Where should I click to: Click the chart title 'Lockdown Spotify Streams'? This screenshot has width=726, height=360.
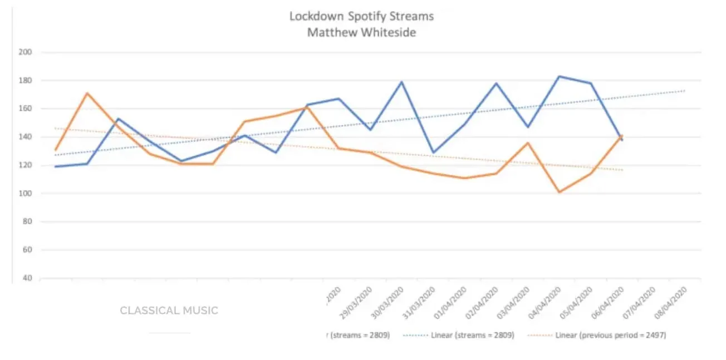point(361,16)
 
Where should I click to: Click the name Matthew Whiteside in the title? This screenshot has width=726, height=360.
point(361,32)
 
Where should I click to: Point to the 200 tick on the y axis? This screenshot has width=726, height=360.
point(27,52)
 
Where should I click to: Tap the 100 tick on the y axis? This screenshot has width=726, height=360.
point(27,194)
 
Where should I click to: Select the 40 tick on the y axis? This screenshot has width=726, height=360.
point(27,278)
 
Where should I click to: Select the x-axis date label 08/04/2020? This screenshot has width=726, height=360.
point(674,301)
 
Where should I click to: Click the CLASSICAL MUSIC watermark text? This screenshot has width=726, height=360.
point(169,310)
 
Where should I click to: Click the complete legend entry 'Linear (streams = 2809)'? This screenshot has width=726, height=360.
point(472,336)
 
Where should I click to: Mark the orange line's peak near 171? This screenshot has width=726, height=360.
point(86,93)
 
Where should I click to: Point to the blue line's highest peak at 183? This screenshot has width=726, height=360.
point(559,76)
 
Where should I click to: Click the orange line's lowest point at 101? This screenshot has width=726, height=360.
point(559,192)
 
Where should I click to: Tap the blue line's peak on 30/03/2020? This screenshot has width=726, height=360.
point(401,82)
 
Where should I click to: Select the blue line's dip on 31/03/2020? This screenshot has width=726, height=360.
point(433,152)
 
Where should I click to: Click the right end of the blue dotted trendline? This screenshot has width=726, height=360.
point(684,90)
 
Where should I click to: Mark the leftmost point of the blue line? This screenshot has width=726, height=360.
point(55,166)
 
